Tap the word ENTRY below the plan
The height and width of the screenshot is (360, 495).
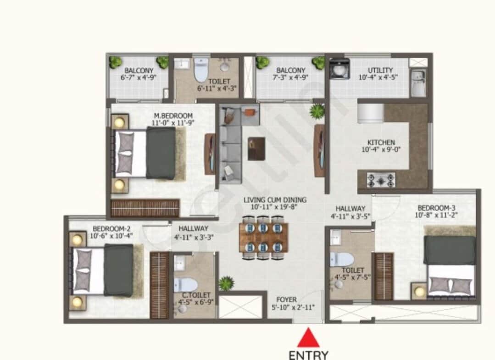pyautogui.click(x=309, y=355)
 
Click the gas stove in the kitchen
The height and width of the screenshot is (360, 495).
pyautogui.click(x=381, y=179)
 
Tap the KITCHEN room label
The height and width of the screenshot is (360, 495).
pyautogui.click(x=381, y=143)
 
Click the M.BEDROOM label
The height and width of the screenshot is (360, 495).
pyautogui.click(x=173, y=116)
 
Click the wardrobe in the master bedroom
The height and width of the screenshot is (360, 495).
pyautogui.click(x=145, y=208)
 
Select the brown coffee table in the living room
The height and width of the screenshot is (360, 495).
pyautogui.click(x=256, y=149)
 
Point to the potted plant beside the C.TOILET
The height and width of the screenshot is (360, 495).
pyautogui.click(x=226, y=283)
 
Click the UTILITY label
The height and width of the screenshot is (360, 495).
pyautogui.click(x=380, y=70)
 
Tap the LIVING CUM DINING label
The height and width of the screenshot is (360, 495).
pyautogui.click(x=275, y=200)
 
